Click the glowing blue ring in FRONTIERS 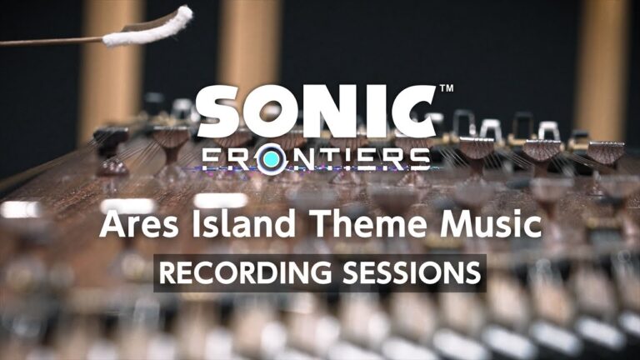[267, 159]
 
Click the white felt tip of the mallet [150, 27]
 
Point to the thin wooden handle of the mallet [50, 40]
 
